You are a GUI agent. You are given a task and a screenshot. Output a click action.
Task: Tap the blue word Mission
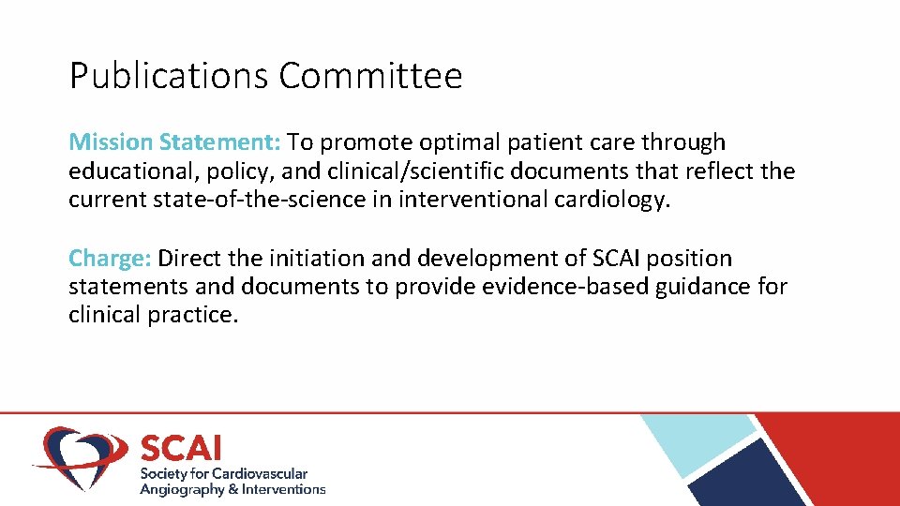click(111, 142)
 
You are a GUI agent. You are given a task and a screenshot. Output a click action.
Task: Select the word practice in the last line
click(193, 315)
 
